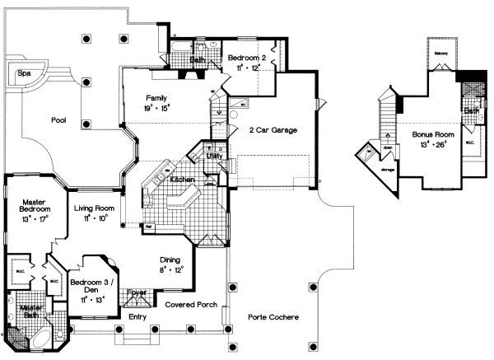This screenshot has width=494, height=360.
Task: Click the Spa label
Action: coord(24,73)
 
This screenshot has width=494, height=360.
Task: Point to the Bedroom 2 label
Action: coord(247,57)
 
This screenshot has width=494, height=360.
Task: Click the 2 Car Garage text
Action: coord(273,130)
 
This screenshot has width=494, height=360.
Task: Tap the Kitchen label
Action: coord(182,179)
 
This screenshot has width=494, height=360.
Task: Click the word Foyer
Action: coord(137,292)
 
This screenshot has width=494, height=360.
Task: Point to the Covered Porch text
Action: coord(191,305)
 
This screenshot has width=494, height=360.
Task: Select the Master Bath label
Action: coord(30,312)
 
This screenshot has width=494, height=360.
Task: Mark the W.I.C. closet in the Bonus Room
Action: coord(468,151)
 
